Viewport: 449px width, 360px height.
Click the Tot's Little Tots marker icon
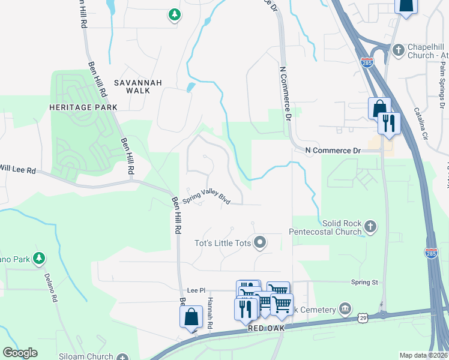click(x=260, y=243)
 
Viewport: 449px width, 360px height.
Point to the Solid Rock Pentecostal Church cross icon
click(x=371, y=227)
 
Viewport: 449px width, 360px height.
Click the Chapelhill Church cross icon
click(x=397, y=50)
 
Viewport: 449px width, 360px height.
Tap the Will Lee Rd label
click(x=18, y=170)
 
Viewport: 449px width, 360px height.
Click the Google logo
click(x=20, y=353)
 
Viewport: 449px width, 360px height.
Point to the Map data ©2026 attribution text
click(x=423, y=355)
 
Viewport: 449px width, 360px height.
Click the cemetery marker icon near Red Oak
click(x=345, y=308)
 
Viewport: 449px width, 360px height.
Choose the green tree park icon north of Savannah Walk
click(x=174, y=14)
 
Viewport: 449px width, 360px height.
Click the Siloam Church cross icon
click(x=124, y=356)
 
